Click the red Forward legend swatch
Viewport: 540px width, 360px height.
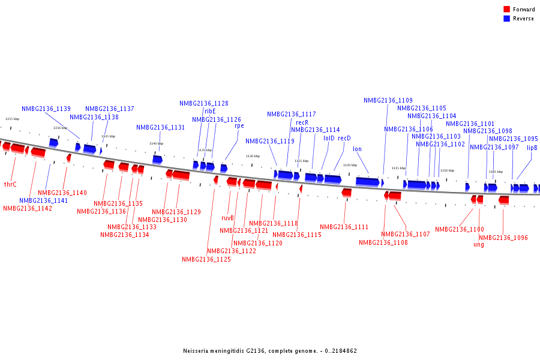[x=506, y=10]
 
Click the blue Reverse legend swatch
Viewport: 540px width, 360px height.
[x=506, y=19]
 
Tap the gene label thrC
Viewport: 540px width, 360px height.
[x=10, y=185]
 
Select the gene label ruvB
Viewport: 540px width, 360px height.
[x=227, y=218]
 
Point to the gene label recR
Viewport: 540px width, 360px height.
[x=302, y=122]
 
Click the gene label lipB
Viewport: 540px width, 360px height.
[x=532, y=148]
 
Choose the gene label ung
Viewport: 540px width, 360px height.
[x=479, y=244]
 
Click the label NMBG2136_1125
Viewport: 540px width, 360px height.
[x=206, y=259]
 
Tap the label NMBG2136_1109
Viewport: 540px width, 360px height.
[x=388, y=100]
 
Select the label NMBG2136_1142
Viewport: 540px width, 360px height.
[x=28, y=208]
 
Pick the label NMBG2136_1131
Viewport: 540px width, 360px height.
[x=160, y=127]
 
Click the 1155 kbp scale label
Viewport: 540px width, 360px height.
[x=12, y=119]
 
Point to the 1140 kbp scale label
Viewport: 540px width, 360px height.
[x=157, y=143]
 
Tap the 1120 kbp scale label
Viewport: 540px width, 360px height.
[x=350, y=165]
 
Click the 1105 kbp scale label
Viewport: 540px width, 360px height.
[x=496, y=172]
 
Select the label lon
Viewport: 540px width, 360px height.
[x=357, y=149]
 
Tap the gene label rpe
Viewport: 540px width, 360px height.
[x=239, y=126]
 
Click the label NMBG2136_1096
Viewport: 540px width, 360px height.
[x=503, y=238]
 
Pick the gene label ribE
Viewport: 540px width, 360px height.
[x=210, y=111]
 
